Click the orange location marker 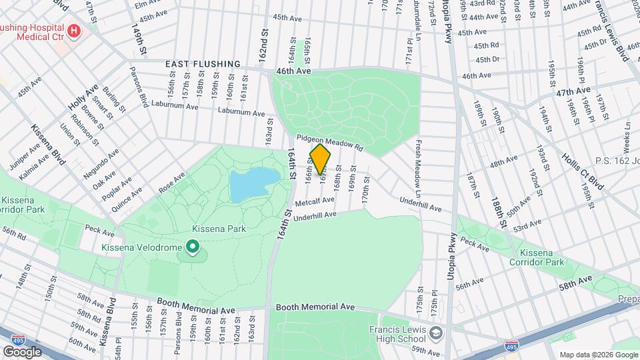[x=321, y=159]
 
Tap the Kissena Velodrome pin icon [x=193, y=247]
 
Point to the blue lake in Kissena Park [x=253, y=183]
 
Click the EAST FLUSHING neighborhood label [x=203, y=64]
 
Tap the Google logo [x=22, y=351]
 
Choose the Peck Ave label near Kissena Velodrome [x=101, y=228]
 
